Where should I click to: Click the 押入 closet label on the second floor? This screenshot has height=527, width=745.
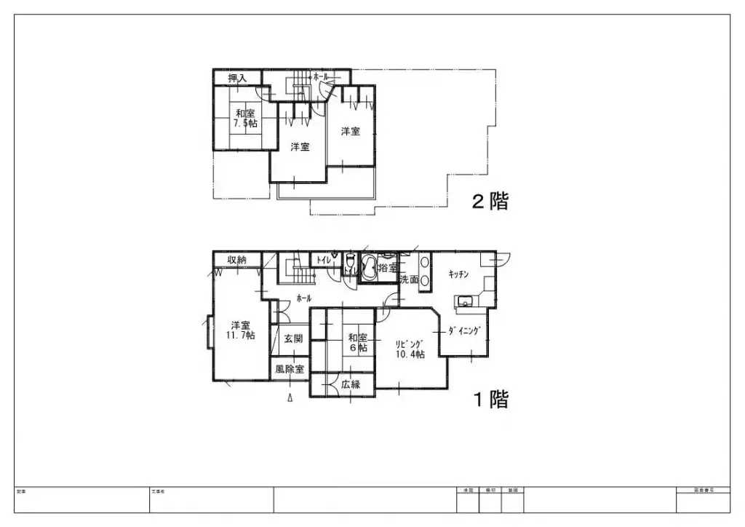[x=238, y=77]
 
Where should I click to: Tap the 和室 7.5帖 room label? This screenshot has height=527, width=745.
[x=244, y=118]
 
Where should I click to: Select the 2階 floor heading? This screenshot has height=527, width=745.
[x=490, y=202]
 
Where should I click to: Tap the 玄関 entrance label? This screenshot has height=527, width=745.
[x=293, y=338]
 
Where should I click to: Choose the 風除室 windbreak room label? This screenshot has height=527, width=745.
[x=289, y=369]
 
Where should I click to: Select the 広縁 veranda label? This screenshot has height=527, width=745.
[x=351, y=384]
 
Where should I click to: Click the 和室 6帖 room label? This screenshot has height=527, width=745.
[x=357, y=342]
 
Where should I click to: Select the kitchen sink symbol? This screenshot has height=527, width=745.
[x=466, y=302]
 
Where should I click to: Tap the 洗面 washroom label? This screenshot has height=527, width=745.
[x=409, y=279]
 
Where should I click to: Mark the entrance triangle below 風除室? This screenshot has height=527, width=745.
[x=290, y=397]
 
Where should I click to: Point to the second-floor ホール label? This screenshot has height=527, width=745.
[x=321, y=76]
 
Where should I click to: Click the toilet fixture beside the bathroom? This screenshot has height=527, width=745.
[x=350, y=261]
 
